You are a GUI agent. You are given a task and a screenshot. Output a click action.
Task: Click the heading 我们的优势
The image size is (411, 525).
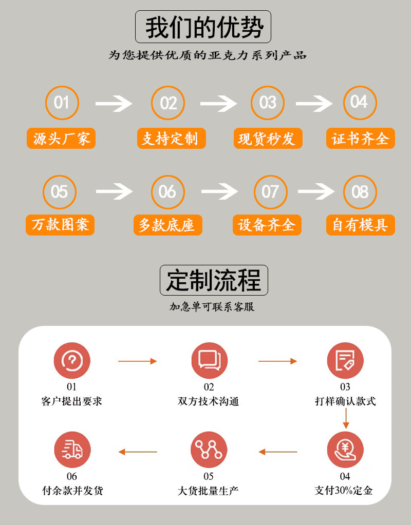[203, 28]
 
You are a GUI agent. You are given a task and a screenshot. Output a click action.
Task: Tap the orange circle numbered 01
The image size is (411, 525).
[61, 103]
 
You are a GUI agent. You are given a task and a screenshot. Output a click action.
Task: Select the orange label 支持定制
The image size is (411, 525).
[171, 139]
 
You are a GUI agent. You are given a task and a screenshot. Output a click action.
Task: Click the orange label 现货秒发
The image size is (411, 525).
[267, 139]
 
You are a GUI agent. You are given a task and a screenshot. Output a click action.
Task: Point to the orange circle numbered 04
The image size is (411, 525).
[360, 103]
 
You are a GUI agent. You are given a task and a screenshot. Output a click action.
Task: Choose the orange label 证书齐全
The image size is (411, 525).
[360, 139]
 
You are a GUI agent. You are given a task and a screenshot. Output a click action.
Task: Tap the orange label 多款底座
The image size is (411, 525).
[167, 225]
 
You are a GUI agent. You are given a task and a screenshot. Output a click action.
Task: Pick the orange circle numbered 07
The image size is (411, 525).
[270, 192]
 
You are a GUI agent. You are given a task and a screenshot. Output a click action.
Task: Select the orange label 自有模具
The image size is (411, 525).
[360, 225]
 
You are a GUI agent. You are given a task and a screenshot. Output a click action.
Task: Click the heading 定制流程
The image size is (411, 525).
[214, 280]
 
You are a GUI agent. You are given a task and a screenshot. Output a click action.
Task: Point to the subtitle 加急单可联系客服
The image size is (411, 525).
[212, 307]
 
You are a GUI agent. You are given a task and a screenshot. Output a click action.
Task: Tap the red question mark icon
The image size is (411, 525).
[72, 360]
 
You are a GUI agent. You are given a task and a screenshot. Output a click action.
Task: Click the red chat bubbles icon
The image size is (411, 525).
[209, 360]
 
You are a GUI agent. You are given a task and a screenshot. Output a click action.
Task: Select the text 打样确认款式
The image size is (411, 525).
[345, 401]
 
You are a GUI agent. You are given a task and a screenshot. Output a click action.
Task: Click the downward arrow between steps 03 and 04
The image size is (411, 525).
[346, 419]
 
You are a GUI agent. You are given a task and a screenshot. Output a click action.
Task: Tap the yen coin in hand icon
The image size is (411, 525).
[345, 450]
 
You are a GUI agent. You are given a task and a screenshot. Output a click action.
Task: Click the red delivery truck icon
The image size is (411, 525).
[72, 450]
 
